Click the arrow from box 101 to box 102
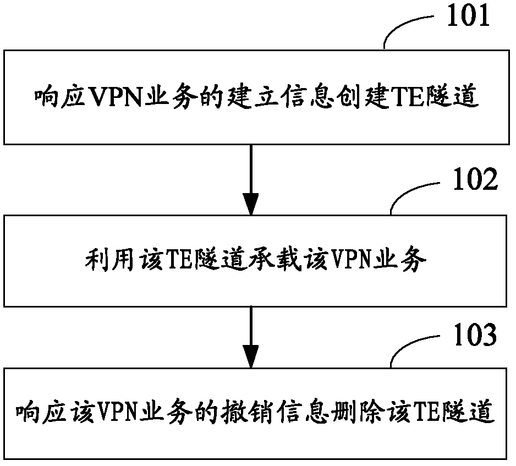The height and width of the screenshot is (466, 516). [251, 179]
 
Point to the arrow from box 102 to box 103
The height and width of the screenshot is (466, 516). [251, 336]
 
